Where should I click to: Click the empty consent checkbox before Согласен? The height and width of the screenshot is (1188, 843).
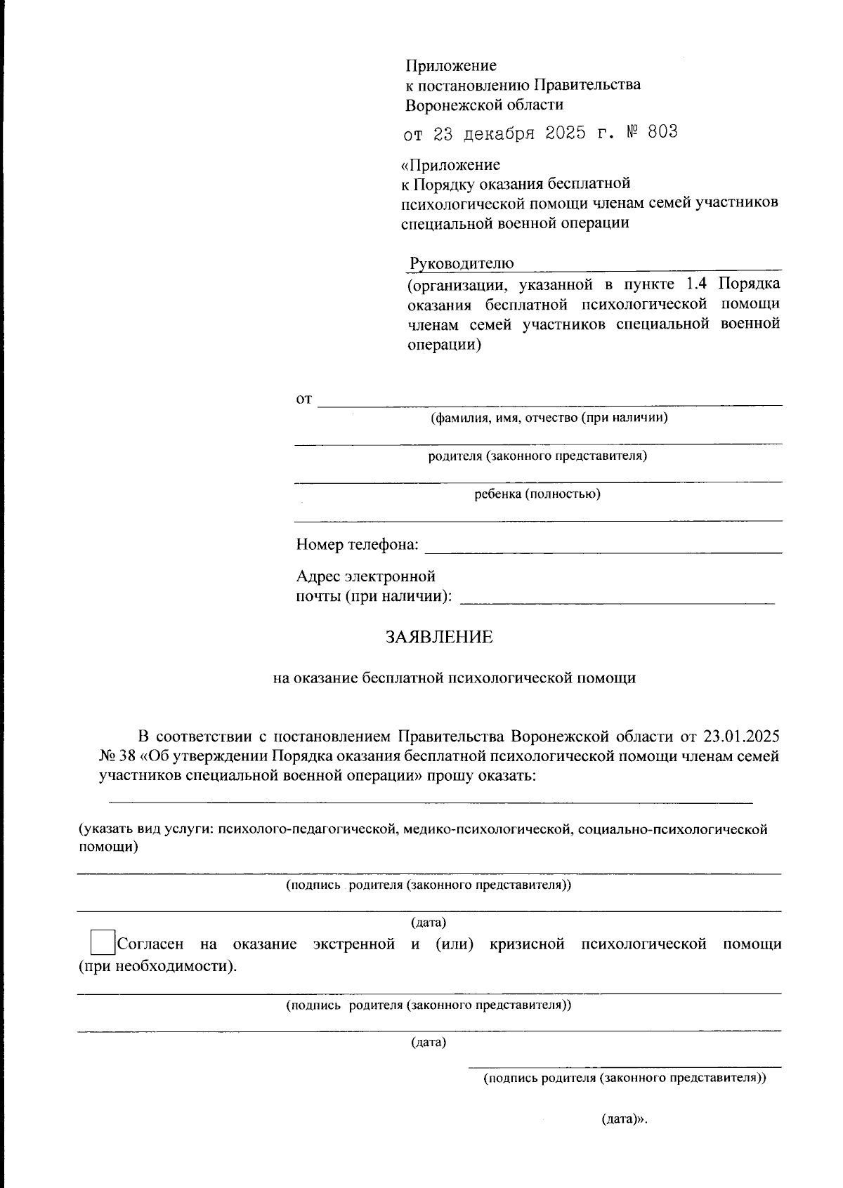tap(103, 942)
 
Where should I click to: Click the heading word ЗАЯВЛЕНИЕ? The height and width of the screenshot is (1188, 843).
tap(439, 637)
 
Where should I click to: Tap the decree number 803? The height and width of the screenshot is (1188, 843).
tap(662, 132)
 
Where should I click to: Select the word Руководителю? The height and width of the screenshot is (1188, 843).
tap(462, 263)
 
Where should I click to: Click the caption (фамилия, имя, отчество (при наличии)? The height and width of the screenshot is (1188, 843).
tap(549, 418)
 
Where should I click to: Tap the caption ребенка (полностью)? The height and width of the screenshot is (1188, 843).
tap(537, 494)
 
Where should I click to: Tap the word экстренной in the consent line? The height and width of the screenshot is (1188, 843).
tap(354, 944)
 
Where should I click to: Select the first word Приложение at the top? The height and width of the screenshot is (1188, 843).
tap(451, 65)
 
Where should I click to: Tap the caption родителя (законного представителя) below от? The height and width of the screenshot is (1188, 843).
tap(537, 456)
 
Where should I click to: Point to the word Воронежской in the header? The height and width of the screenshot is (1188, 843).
tap(445, 105)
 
